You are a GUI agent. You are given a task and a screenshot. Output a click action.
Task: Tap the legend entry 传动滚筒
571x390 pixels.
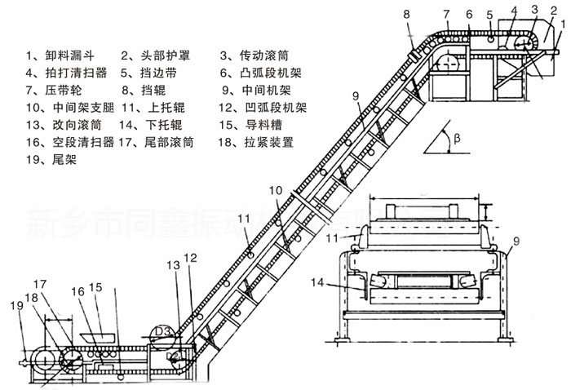pyautogui.click(x=260, y=56)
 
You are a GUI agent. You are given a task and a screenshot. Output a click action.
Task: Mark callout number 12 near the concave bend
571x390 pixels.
pyautogui.click(x=190, y=258)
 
